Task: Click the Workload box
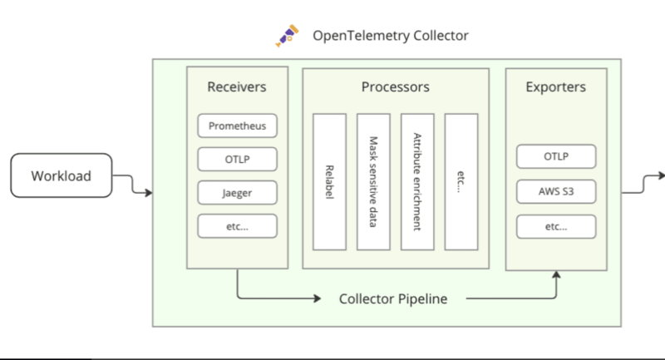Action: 61,175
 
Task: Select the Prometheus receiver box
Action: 237,126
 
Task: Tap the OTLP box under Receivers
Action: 237,160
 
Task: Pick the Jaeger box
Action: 237,193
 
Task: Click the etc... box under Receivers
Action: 237,225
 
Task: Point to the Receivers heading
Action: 237,86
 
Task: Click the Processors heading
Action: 395,86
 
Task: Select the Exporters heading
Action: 556,86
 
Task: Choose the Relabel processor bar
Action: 328,182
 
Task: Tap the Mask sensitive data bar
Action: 373,182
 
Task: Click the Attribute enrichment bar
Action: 417,182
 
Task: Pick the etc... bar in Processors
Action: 461,182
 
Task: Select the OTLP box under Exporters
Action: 556,156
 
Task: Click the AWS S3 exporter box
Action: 556,191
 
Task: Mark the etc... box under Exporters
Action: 556,225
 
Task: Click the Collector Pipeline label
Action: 393,298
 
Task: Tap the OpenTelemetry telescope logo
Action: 287,36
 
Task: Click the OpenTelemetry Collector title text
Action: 390,36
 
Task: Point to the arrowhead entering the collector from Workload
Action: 148,193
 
